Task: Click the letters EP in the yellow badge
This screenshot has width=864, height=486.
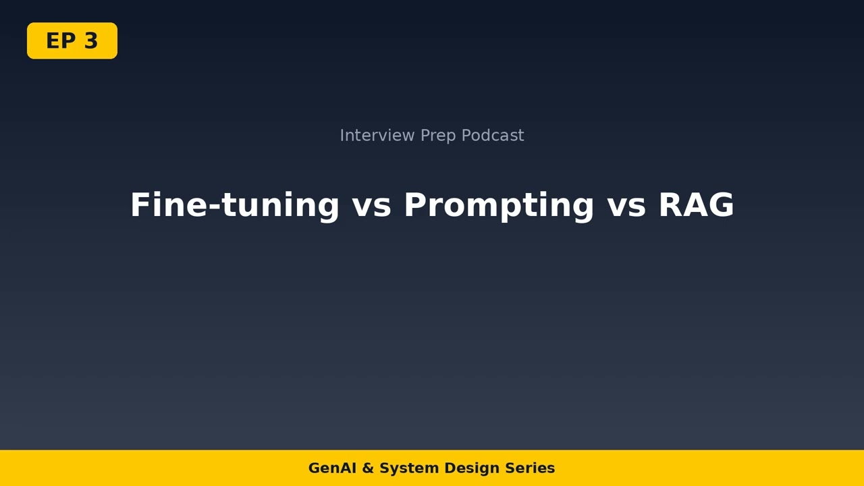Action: (x=61, y=41)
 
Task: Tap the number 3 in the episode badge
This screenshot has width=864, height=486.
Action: (x=91, y=41)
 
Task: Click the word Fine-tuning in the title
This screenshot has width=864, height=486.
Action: (x=234, y=205)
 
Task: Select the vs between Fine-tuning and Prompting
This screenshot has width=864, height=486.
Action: (x=371, y=205)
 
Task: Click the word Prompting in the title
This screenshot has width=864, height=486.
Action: (x=499, y=205)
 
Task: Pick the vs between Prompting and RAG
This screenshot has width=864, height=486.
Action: (x=626, y=205)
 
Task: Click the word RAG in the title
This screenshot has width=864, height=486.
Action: (x=696, y=205)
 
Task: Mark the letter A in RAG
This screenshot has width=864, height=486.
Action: (x=696, y=205)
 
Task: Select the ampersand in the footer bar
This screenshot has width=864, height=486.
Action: (x=368, y=468)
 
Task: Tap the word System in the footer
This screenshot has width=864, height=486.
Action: (x=404, y=468)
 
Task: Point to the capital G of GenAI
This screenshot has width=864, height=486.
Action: (x=314, y=468)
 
